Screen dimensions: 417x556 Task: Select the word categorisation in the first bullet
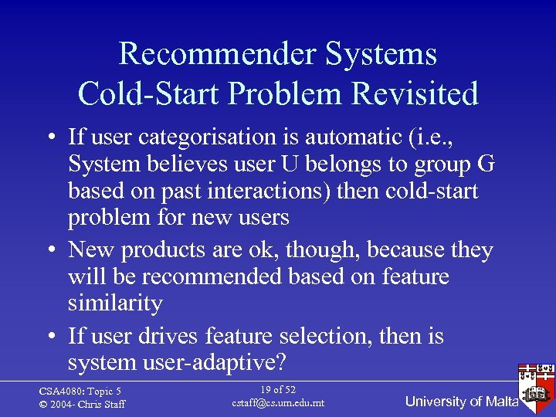point(211,137)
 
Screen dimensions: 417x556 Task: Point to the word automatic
point(349,137)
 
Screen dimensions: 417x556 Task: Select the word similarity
point(115,303)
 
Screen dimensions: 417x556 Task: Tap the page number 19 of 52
point(277,390)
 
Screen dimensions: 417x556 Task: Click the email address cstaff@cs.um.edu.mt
point(277,403)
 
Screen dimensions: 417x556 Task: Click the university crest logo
point(536,383)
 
